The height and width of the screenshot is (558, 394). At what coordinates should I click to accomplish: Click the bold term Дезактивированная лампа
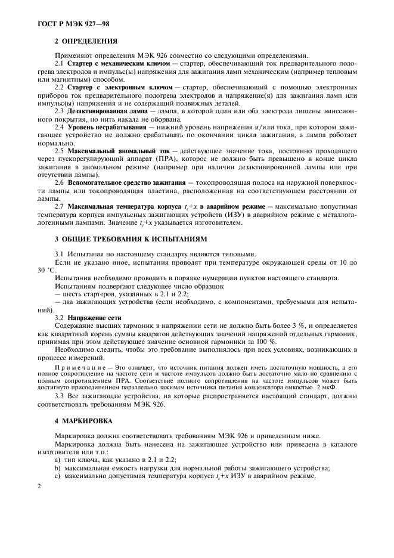click(106, 111)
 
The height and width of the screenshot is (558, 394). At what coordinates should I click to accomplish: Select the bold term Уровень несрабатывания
click(107, 128)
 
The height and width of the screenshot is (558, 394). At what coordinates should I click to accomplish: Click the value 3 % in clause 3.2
click(306, 326)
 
